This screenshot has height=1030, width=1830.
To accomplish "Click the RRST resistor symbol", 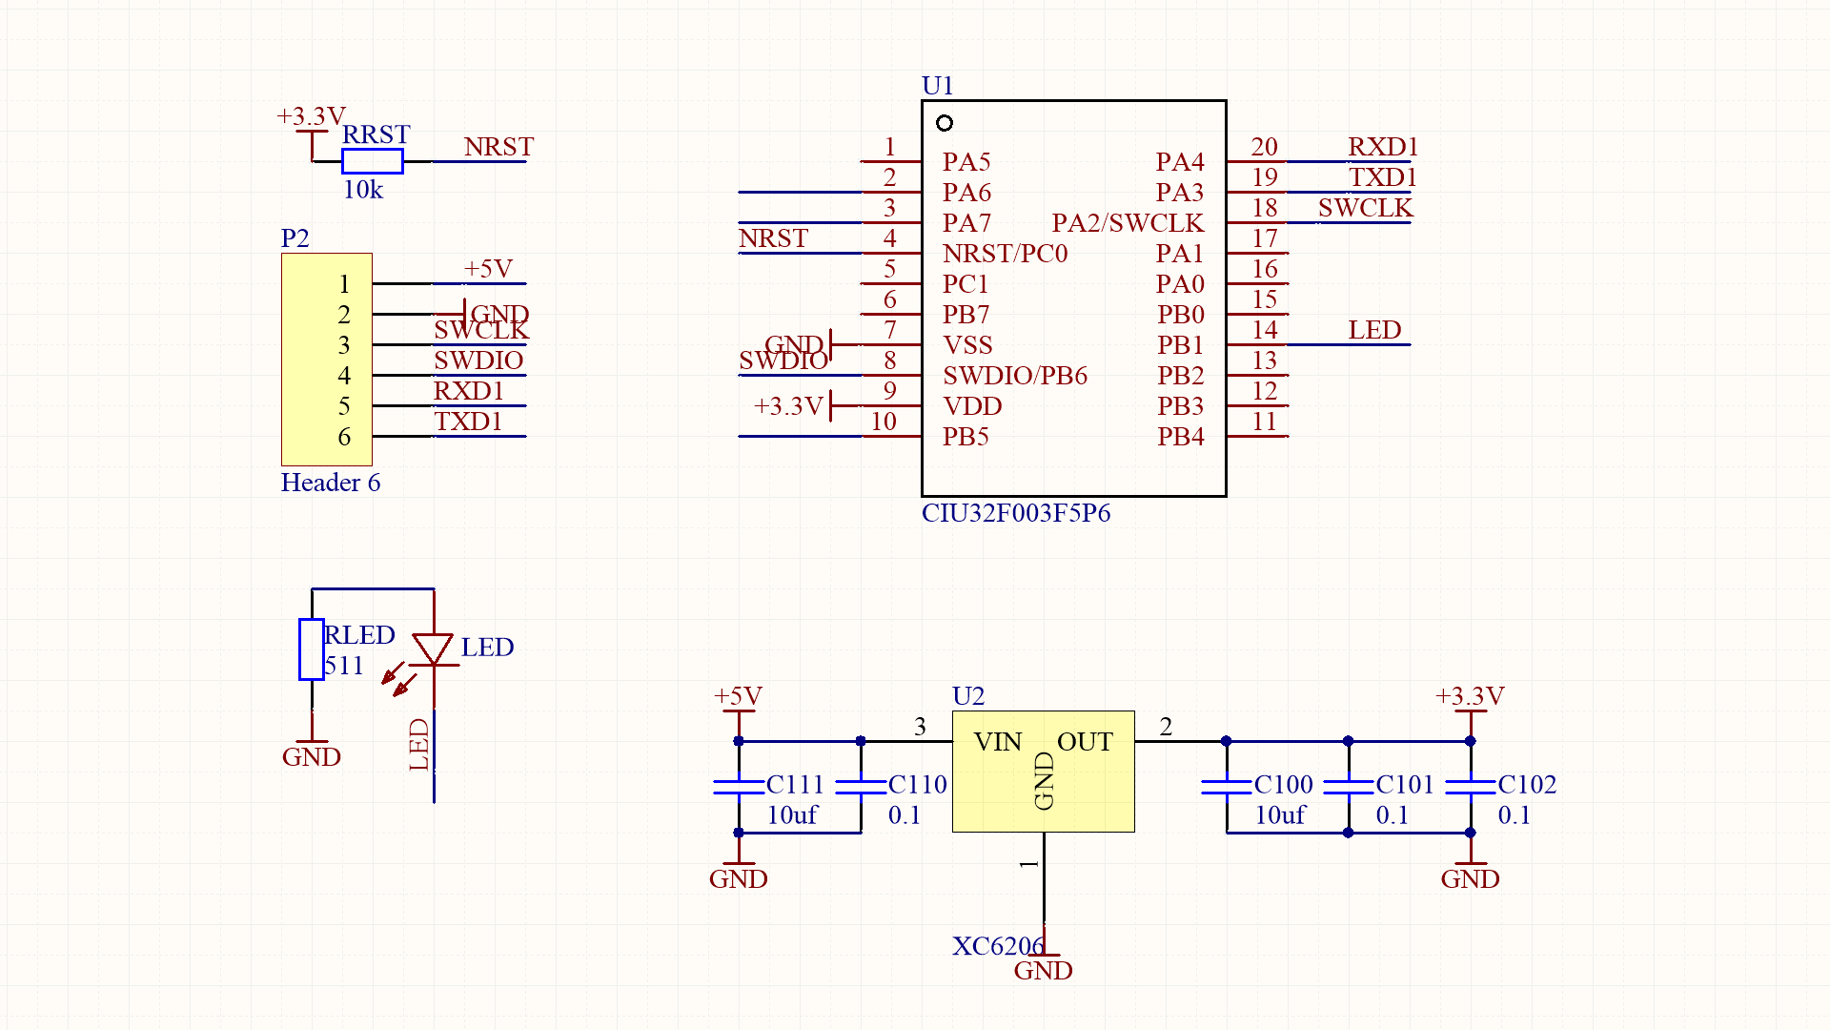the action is pyautogui.click(x=372, y=161).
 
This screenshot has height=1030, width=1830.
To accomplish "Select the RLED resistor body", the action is pyautogui.click(x=311, y=649).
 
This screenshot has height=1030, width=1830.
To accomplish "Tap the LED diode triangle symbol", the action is pyautogui.click(x=433, y=649).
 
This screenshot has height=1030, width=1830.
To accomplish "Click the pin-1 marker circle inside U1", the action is pyautogui.click(x=945, y=123).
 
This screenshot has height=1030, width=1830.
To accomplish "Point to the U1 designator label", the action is pyautogui.click(x=938, y=86).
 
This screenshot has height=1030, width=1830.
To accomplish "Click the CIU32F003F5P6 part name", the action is pyautogui.click(x=1016, y=513).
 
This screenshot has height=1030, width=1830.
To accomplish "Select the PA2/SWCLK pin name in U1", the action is pyautogui.click(x=1128, y=223).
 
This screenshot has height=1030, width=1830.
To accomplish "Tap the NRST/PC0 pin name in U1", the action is pyautogui.click(x=1005, y=254).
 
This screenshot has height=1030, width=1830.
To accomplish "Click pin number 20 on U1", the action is pyautogui.click(x=1264, y=147).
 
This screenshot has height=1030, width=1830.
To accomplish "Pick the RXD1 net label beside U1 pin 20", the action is pyautogui.click(x=1383, y=147).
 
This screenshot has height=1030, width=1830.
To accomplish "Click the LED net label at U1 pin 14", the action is pyautogui.click(x=1374, y=330).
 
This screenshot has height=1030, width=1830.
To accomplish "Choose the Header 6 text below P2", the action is pyautogui.click(x=331, y=483).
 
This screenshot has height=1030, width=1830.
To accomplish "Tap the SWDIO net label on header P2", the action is pyautogui.click(x=478, y=360).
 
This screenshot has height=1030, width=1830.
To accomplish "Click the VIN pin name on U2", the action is pyautogui.click(x=998, y=742).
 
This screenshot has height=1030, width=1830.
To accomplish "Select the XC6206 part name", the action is pyautogui.click(x=998, y=946).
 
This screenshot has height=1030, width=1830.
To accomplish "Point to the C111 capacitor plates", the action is pyautogui.click(x=739, y=787).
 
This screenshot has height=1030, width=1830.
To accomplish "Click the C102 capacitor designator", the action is pyautogui.click(x=1527, y=784).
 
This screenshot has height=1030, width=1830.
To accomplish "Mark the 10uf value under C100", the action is pyautogui.click(x=1280, y=815).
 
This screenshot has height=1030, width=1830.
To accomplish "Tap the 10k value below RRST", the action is pyautogui.click(x=363, y=190).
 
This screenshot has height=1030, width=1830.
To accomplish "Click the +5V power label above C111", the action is pyautogui.click(x=739, y=696).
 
